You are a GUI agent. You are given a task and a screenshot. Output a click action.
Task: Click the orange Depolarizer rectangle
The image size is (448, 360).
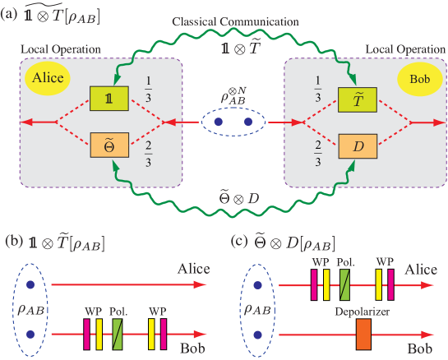pos(363,334)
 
